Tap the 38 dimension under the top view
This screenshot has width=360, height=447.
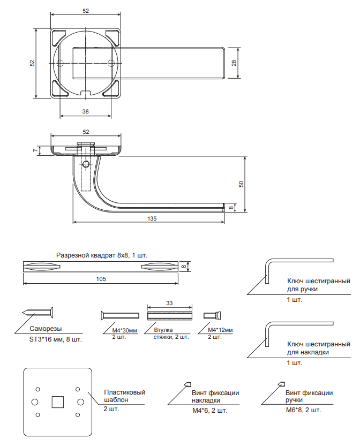coord(86,111)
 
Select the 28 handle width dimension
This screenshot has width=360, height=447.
coord(235,63)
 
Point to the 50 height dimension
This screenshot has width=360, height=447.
coord(242,184)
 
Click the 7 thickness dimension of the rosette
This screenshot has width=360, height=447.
coord(35,151)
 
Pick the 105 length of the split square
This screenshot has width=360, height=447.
coord(101,279)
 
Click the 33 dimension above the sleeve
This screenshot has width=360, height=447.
coord(169,303)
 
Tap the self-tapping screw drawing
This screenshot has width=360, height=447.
coord(37,313)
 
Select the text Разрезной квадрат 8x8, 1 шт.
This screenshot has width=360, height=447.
coord(102,255)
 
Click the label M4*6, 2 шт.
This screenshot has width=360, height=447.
coord(209,411)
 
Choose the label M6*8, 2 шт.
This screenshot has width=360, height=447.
coord(303,411)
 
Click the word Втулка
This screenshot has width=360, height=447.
coord(163,330)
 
